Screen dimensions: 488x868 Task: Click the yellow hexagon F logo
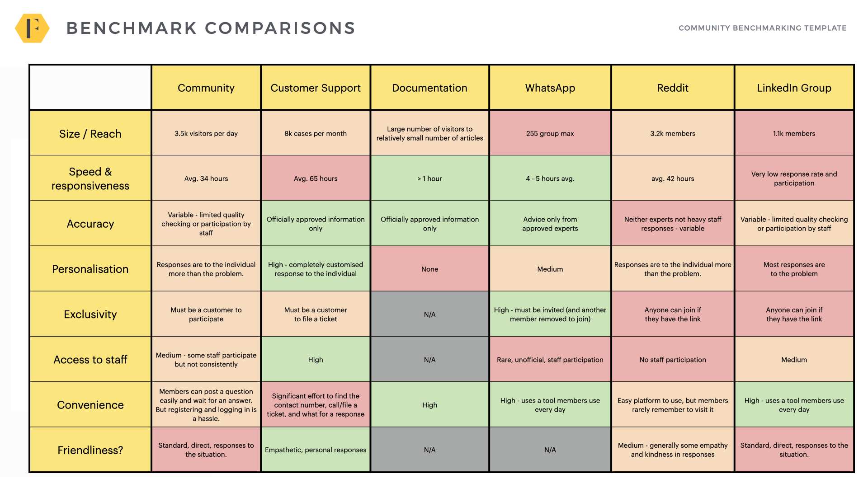tap(32, 28)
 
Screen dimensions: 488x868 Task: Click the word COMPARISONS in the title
tap(280, 28)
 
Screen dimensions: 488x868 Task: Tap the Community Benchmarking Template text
tap(762, 28)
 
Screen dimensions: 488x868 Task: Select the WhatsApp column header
tap(550, 88)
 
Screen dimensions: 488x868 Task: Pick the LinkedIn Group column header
tap(794, 88)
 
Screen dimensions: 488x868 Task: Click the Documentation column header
tap(429, 88)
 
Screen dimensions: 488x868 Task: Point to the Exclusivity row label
tap(90, 314)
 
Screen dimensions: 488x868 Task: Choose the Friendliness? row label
tap(90, 450)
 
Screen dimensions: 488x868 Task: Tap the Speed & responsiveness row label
tap(90, 178)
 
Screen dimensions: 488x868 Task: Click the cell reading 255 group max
tap(550, 133)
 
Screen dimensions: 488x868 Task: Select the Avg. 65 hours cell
tap(316, 178)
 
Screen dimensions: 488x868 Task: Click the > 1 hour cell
tap(429, 178)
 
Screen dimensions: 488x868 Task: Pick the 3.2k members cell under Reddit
tap(673, 133)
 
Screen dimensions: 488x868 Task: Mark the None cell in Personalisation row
tap(429, 269)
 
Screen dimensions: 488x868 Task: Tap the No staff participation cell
tap(673, 360)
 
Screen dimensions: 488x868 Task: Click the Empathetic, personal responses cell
tap(316, 450)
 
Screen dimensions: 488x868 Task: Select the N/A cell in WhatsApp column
tap(550, 450)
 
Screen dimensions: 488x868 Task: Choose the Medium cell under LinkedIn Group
tap(794, 360)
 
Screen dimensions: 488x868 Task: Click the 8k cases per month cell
tap(316, 133)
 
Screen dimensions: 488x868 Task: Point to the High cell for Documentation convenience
tap(429, 405)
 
